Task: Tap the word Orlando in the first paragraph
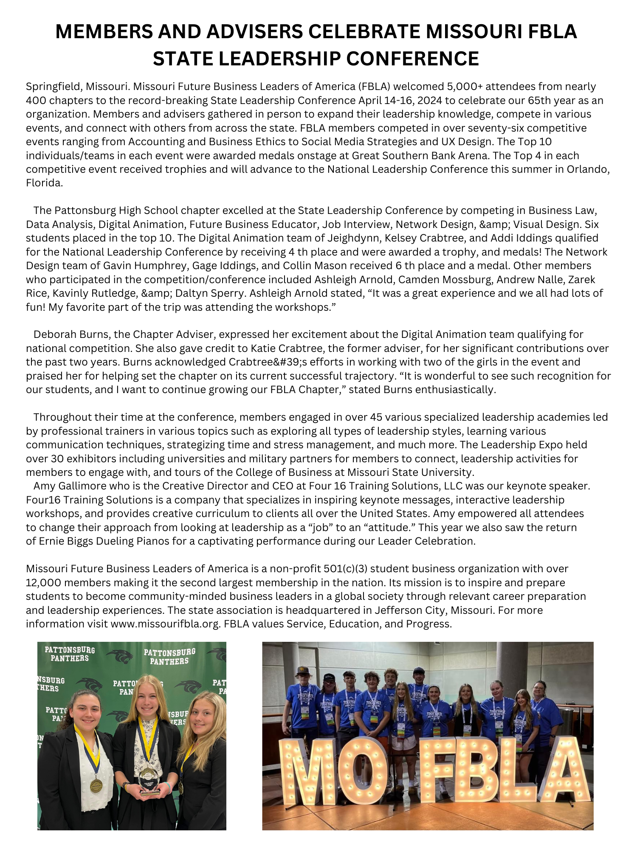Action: point(588,169)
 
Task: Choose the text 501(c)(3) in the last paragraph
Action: point(345,568)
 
